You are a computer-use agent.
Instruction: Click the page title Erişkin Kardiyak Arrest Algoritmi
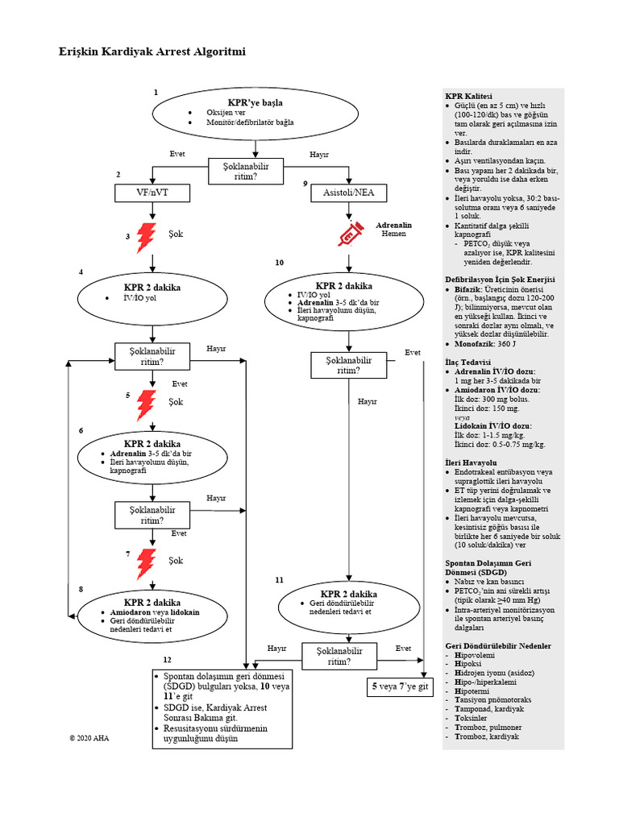pos(152,52)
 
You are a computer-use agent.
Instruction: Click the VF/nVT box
pos(152,193)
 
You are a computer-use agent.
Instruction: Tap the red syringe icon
pos(349,234)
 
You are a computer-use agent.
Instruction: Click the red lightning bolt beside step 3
pos(147,236)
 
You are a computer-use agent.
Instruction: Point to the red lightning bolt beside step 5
pos(147,405)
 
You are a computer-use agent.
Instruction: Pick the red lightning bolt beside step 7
pos(147,563)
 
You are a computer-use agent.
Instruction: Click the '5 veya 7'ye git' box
pos(401,687)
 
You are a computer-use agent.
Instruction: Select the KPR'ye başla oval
pos(255,114)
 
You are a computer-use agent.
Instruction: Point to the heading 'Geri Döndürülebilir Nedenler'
pos(498,646)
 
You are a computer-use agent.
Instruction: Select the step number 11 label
pos(279,580)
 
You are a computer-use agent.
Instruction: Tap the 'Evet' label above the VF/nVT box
pos(179,154)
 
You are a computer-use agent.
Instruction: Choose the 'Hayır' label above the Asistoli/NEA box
pos(319,154)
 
